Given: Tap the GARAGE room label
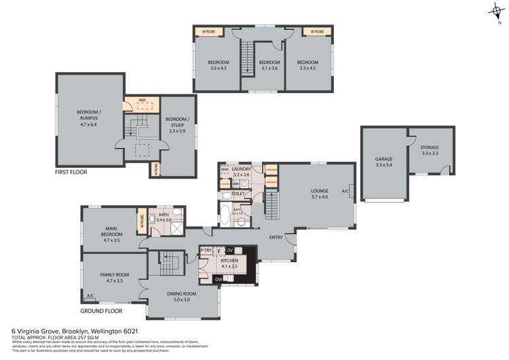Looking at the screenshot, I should tap(383, 159).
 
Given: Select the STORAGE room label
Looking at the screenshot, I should tap(429, 147).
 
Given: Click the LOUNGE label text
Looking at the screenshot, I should tap(319, 191).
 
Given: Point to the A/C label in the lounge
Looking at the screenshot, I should tap(345, 191).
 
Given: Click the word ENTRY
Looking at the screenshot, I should tap(276, 237).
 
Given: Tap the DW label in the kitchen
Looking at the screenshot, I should tap(217, 278).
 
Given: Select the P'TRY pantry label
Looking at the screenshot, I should tap(206, 251).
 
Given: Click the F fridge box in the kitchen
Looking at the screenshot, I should tap(219, 251).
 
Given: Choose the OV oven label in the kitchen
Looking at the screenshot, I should tap(229, 251).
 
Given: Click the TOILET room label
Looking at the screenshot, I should tap(238, 194).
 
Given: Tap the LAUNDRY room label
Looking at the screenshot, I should tap(242, 168).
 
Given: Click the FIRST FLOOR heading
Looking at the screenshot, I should tap(71, 172).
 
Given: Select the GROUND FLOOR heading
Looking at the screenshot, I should tap(102, 310).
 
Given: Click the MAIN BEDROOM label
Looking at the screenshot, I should tap(112, 231).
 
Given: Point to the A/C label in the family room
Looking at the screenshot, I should tap(90, 295).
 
